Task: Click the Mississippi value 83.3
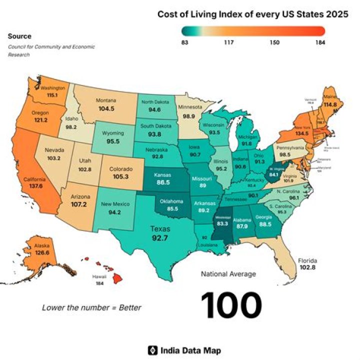point(222,224)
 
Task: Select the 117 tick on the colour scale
point(229,43)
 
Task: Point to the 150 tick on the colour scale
point(274,43)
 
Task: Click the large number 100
point(231,305)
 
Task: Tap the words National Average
point(228,274)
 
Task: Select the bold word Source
point(19,36)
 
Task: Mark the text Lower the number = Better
point(91,307)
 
